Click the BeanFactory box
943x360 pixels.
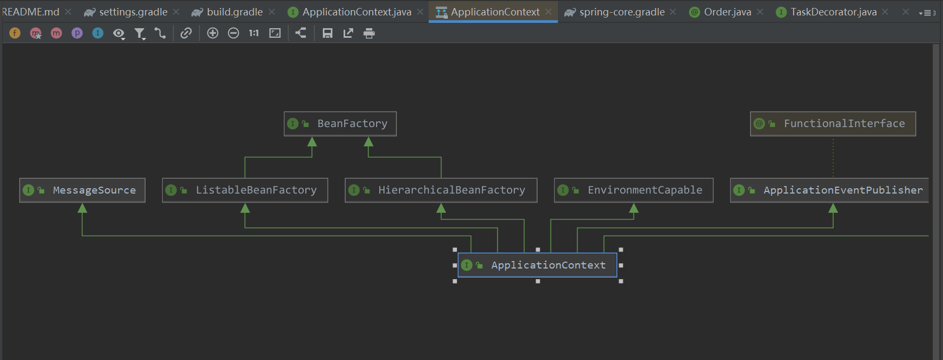[340, 124]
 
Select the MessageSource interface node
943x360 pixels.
[82, 190]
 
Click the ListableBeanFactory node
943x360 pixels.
[245, 190]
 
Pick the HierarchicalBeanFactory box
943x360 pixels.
[441, 190]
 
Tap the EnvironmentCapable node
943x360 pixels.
[633, 190]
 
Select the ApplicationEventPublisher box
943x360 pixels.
[830, 190]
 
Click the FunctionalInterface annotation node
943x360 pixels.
[833, 124]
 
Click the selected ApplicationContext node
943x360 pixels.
[537, 265]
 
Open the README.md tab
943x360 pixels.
[31, 12]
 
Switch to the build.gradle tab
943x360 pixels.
[235, 12]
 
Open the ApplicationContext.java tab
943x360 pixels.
[356, 12]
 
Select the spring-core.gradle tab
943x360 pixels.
[622, 12]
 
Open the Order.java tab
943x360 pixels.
[727, 12]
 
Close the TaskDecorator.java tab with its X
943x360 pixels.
[885, 12]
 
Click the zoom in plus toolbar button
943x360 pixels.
[213, 34]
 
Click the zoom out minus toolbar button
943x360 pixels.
[233, 34]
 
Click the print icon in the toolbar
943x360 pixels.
[369, 34]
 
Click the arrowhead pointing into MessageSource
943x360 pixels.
[82, 208]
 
